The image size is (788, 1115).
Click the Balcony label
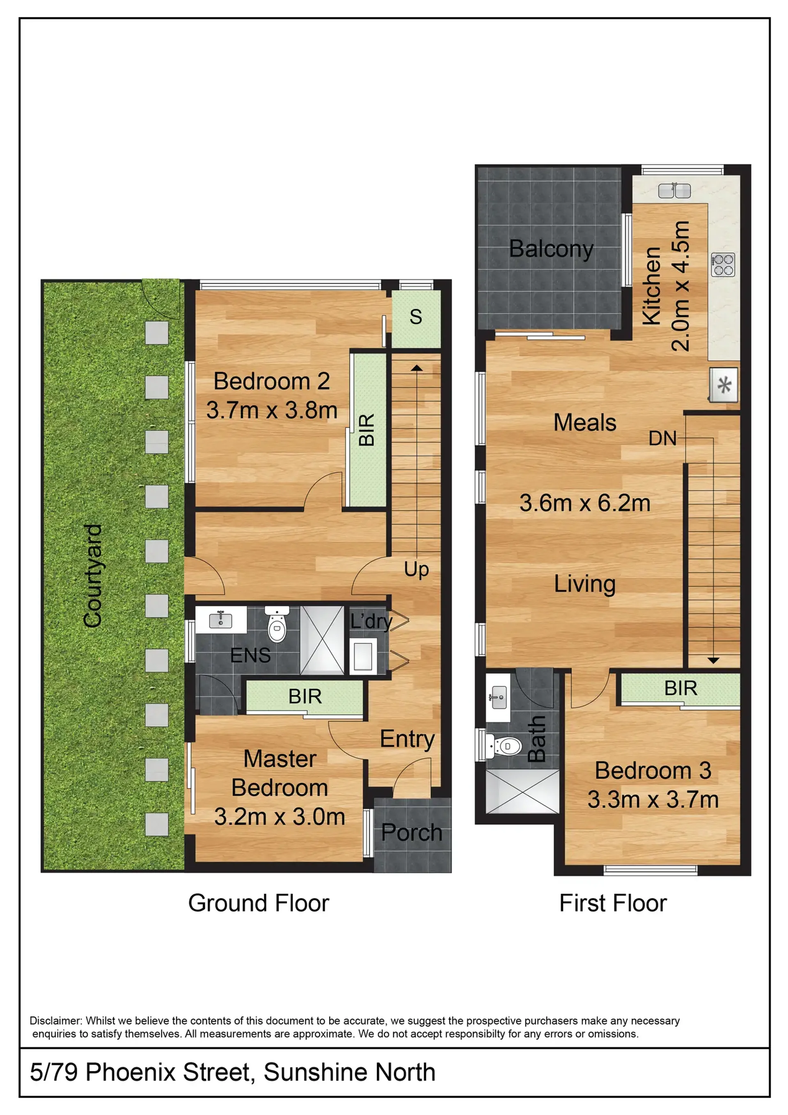click(551, 250)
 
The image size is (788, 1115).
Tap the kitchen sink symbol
click(674, 191)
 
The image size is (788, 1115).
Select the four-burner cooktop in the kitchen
click(723, 264)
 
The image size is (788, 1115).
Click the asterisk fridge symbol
click(724, 385)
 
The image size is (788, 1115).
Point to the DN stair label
click(662, 439)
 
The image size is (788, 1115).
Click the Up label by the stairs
click(416, 570)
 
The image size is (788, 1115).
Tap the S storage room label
click(416, 317)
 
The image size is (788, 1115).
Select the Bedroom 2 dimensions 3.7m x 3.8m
click(272, 410)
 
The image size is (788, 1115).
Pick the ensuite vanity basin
click(220, 620)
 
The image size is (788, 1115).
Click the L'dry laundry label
click(371, 621)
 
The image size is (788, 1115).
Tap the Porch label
click(412, 833)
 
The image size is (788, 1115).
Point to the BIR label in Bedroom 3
click(680, 688)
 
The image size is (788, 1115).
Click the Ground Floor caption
click(259, 904)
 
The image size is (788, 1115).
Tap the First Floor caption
click(613, 904)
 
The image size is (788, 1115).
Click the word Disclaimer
click(55, 1020)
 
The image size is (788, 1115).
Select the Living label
click(585, 585)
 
